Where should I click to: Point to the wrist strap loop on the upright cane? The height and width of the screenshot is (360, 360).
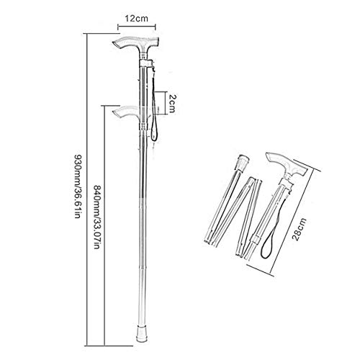[x=153, y=108]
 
